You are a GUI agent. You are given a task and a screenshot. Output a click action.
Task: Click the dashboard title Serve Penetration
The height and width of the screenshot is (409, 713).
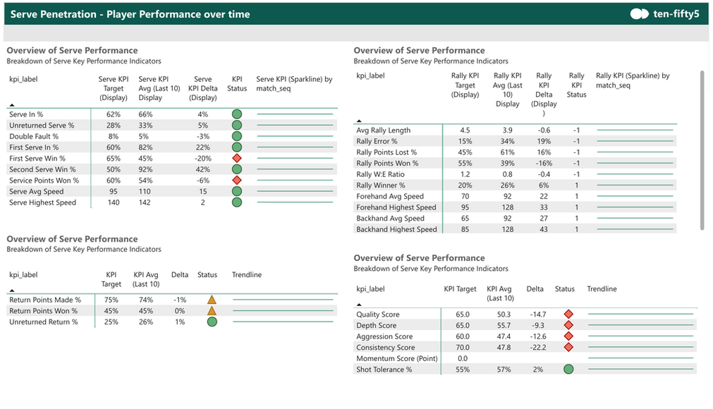click(130, 13)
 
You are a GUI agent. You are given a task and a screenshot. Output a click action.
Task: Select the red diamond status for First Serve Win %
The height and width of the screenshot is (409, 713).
click(237, 159)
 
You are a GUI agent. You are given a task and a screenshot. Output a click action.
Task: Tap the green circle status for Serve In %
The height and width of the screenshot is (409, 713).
click(237, 114)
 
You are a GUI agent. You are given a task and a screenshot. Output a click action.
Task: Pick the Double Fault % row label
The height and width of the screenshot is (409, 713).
click(33, 136)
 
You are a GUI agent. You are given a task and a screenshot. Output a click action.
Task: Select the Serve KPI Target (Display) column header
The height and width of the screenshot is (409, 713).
click(113, 88)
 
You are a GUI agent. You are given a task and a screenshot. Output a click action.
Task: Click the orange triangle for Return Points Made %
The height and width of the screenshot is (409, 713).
click(211, 300)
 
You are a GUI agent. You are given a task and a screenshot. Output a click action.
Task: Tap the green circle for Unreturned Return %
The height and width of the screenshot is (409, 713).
click(211, 322)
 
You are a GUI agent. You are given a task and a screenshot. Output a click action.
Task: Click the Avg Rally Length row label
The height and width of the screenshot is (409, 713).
click(383, 130)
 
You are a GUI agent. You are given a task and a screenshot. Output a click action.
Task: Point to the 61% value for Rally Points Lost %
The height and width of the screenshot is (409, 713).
click(507, 152)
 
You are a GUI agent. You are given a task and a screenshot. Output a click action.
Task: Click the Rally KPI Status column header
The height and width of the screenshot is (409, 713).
click(576, 85)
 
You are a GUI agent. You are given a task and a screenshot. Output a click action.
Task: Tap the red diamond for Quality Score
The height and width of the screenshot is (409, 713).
click(568, 315)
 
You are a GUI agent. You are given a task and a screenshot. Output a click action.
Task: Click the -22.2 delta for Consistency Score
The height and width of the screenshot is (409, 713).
click(535, 348)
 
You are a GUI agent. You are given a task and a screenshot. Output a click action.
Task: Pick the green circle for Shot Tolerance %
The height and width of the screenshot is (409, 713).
click(568, 369)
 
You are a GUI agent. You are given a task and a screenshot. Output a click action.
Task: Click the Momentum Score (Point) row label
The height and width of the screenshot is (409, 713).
click(396, 359)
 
